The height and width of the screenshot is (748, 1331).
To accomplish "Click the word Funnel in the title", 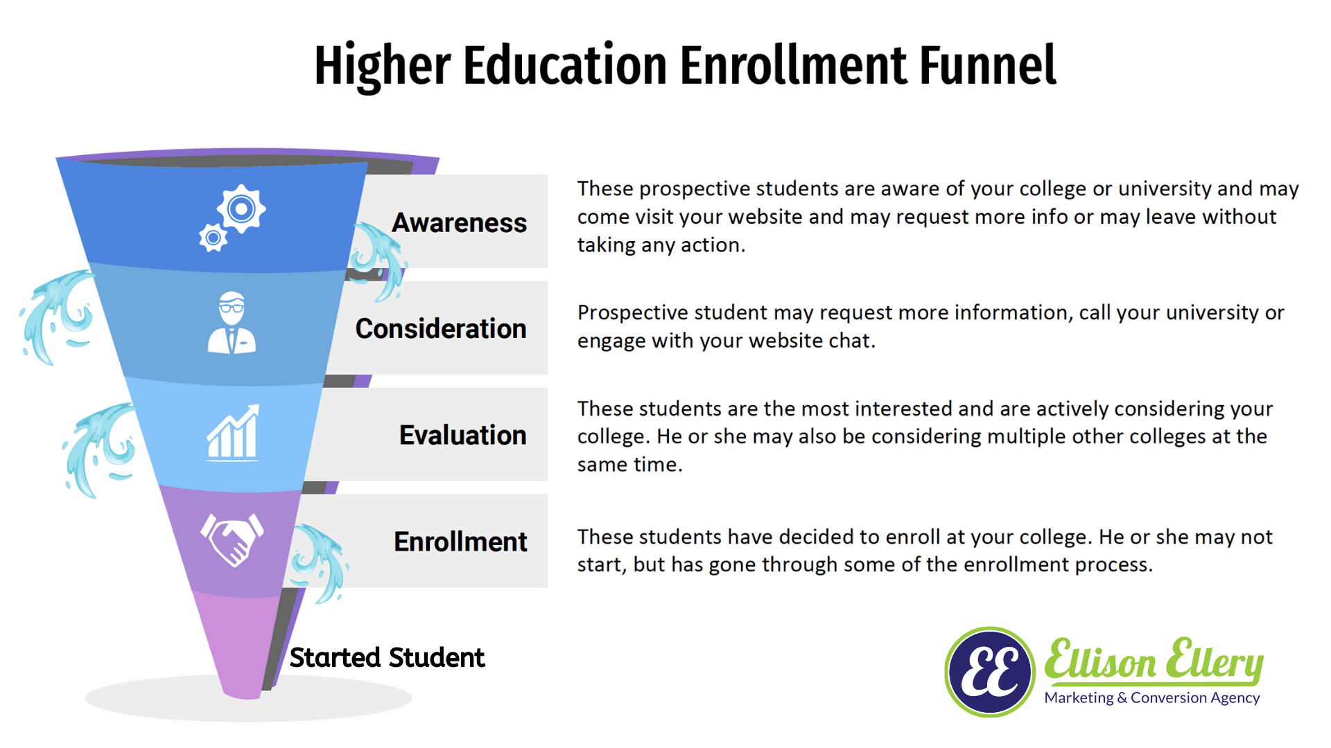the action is [x=987, y=65].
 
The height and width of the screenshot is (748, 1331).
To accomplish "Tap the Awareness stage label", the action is [x=460, y=223].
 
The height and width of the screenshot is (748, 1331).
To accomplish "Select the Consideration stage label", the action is [x=441, y=329].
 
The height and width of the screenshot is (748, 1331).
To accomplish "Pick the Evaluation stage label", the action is [x=463, y=435].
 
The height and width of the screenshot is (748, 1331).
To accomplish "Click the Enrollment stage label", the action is [x=460, y=542].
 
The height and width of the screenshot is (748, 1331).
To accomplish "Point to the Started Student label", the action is [x=387, y=657].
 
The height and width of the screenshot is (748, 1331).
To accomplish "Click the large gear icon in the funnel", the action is [x=241, y=208].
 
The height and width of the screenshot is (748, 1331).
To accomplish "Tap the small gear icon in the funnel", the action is [x=213, y=238].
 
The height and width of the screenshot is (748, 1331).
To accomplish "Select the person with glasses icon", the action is [x=232, y=323].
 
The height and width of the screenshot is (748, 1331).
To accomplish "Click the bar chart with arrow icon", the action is [x=233, y=432].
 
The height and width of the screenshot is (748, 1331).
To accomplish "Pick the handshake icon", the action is [x=232, y=540].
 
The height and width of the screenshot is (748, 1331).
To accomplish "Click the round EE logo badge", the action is [x=990, y=672].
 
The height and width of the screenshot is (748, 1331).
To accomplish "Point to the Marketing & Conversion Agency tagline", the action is [x=1152, y=697].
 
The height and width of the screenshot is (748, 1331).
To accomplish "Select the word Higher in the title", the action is [x=383, y=66].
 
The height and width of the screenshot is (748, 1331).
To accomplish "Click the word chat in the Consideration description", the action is [x=850, y=341].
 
